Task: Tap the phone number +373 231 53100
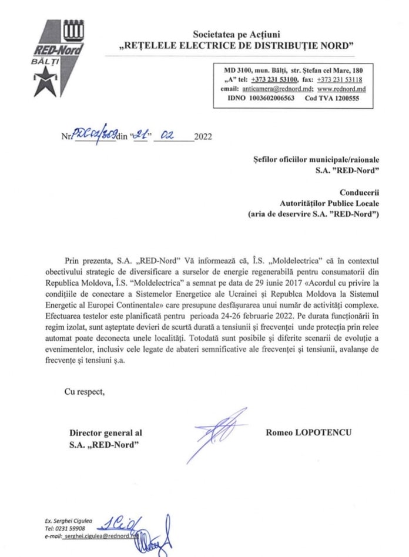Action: pos(274,79)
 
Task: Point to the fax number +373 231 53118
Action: pos(339,79)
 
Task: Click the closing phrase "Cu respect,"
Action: pos(85,392)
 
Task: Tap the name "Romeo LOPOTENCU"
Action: pos(309,432)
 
